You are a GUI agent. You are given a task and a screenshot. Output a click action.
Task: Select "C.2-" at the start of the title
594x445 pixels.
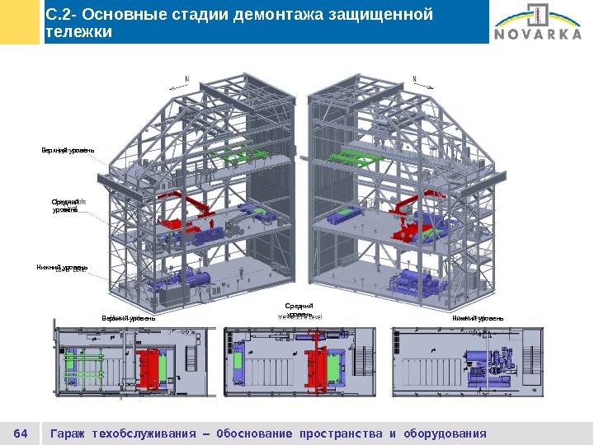pyautogui.click(x=60, y=15)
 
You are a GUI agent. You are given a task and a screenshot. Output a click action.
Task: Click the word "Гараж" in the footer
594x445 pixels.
pyautogui.click(x=69, y=433)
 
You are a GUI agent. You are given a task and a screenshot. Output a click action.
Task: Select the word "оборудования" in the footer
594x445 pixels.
pyautogui.click(x=445, y=433)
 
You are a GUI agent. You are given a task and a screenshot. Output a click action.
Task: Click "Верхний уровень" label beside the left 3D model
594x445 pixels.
pyautogui.click(x=68, y=150)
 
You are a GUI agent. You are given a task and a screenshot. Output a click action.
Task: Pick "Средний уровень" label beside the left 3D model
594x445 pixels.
pyautogui.click(x=65, y=205)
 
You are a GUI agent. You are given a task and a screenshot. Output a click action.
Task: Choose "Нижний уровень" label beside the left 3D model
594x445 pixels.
pyautogui.click(x=62, y=268)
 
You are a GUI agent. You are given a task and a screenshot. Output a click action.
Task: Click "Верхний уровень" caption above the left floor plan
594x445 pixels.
pyautogui.click(x=129, y=318)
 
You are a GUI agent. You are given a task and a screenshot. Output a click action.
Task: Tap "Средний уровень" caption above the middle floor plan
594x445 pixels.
pyautogui.click(x=300, y=311)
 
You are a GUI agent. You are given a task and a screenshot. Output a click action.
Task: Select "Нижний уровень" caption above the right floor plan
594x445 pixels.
pyautogui.click(x=478, y=318)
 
